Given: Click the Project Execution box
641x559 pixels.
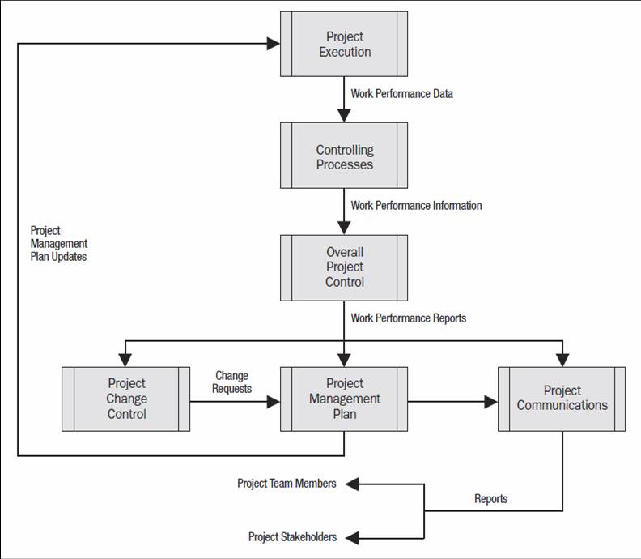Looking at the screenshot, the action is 344,44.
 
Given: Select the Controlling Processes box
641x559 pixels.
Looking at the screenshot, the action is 344,156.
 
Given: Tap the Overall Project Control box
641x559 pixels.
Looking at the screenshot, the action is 344,268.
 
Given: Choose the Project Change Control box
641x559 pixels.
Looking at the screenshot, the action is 126,399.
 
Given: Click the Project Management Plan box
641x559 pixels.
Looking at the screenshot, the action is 344,399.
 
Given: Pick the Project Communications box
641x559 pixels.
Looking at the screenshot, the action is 562,399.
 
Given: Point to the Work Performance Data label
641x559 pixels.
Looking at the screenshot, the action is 402,94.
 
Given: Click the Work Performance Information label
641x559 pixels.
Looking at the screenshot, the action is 416,206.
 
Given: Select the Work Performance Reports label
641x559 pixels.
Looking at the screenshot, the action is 409,318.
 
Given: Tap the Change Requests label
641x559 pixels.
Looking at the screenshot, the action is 231,382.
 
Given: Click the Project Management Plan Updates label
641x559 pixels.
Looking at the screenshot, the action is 59,244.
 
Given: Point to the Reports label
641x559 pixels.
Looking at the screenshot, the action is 491,499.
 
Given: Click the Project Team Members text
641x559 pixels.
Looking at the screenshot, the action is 287,484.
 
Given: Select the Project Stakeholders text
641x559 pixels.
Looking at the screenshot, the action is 292,537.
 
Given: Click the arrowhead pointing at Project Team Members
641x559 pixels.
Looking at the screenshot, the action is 352,484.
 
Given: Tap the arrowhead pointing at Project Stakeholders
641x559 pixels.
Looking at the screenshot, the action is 352,538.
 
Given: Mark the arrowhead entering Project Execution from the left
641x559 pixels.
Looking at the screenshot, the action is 273,44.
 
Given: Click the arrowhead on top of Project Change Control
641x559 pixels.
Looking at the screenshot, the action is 125,361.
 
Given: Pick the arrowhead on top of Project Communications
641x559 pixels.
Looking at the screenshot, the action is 562,361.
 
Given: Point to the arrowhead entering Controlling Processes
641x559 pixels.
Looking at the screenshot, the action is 344,116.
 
